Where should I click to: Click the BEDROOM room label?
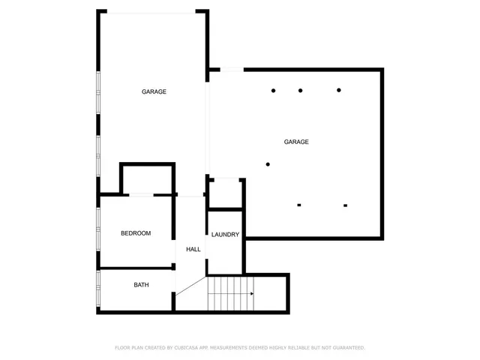click(136, 233)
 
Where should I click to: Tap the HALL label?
click(193, 249)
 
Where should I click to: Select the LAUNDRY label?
click(225, 235)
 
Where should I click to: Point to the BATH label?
click(141, 285)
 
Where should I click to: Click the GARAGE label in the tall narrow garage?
click(154, 91)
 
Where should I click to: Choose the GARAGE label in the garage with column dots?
click(296, 142)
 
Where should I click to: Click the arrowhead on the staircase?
click(251, 293)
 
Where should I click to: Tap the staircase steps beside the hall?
click(230, 293)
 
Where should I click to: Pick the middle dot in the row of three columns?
click(300, 91)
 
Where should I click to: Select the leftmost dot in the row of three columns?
click(274, 91)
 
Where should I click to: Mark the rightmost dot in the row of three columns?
click(339, 91)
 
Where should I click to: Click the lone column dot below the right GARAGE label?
click(268, 164)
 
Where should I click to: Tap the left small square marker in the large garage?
click(299, 205)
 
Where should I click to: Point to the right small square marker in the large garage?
click(346, 205)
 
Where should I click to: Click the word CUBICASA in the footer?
click(190, 348)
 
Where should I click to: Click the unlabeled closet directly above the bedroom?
click(147, 180)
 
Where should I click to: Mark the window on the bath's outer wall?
click(98, 289)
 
